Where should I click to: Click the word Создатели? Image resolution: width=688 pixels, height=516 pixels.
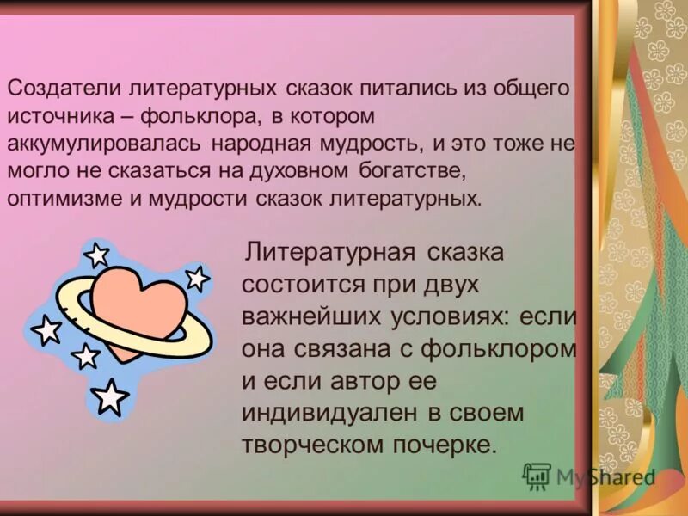[64, 88]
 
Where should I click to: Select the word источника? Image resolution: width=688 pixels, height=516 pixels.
[58, 115]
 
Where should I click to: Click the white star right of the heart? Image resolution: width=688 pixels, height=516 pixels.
[198, 278]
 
